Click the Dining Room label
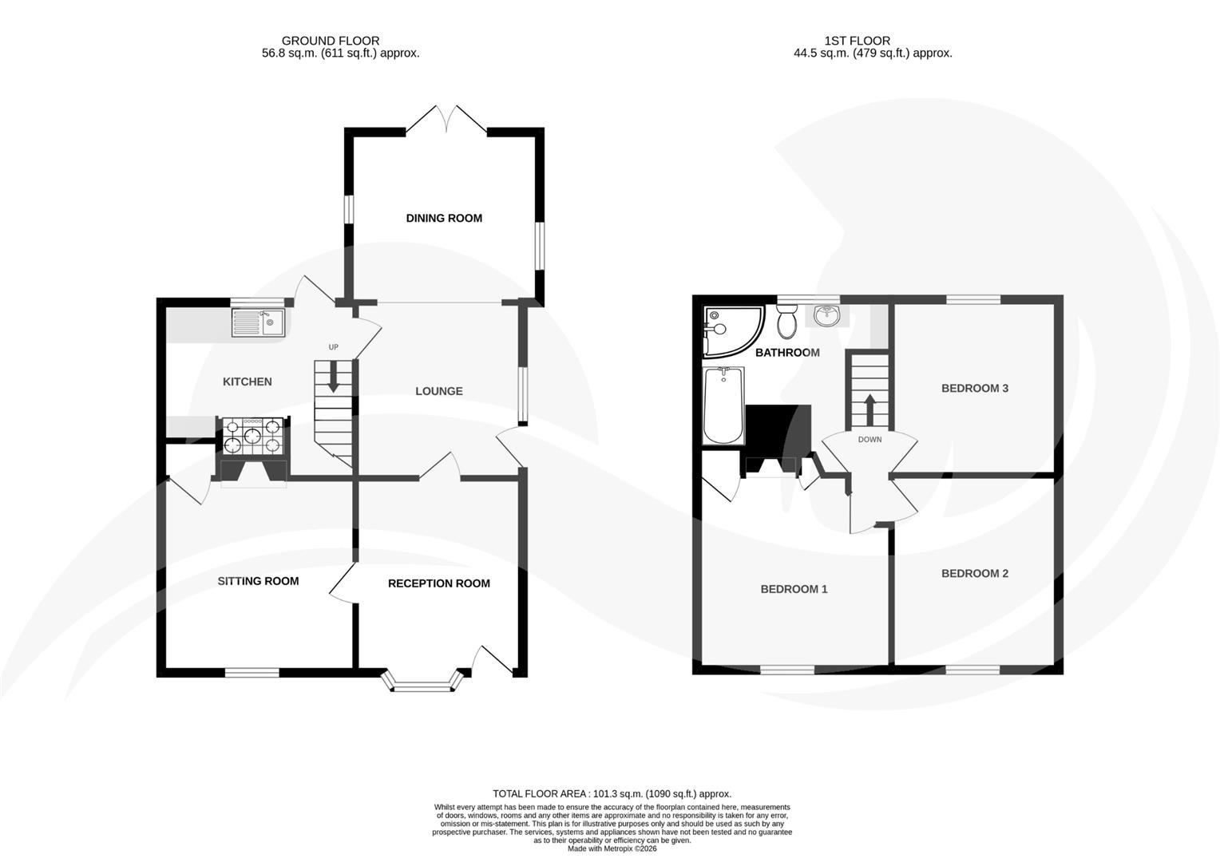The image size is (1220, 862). click(x=444, y=218)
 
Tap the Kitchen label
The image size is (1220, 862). click(x=247, y=382)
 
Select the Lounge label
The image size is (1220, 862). click(x=438, y=391)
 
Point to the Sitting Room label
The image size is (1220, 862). click(x=258, y=581)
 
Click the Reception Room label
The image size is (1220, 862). click(x=438, y=583)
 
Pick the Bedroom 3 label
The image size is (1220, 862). click(x=974, y=389)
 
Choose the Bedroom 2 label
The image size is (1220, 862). click(x=974, y=573)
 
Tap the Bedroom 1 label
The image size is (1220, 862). click(x=794, y=589)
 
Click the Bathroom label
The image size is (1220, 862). click(x=787, y=353)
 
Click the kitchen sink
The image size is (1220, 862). click(x=258, y=323)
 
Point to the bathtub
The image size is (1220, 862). click(x=723, y=405)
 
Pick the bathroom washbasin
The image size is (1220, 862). click(x=827, y=316)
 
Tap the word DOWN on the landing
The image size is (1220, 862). click(x=869, y=440)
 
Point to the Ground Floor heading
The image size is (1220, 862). click(x=331, y=41)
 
